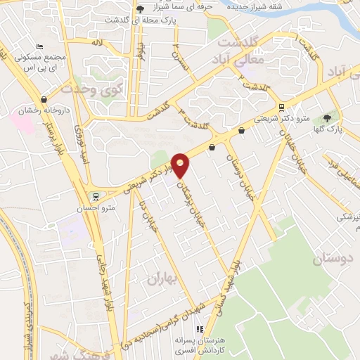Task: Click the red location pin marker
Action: point(181,166)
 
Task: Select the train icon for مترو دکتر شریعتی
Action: point(282,108)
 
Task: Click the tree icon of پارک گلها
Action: point(327,117)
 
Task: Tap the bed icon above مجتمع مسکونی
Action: point(39,46)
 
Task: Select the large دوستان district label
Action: point(330,259)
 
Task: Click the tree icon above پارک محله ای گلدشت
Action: point(141,9)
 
